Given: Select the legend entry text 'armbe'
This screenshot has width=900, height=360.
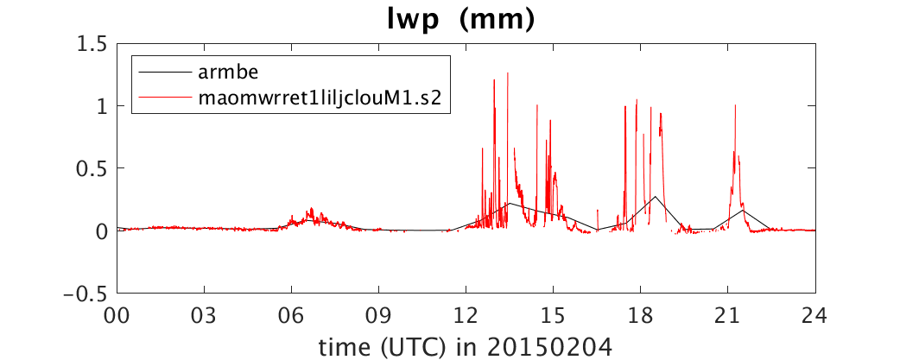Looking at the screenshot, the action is click(x=223, y=73).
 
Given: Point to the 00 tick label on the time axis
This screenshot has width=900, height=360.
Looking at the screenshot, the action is click(x=117, y=316).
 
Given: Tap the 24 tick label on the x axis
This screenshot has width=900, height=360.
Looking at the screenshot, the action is click(x=815, y=316).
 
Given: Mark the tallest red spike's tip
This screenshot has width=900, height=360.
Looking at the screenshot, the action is click(x=507, y=73).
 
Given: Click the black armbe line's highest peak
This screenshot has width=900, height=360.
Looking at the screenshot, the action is click(x=655, y=197).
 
